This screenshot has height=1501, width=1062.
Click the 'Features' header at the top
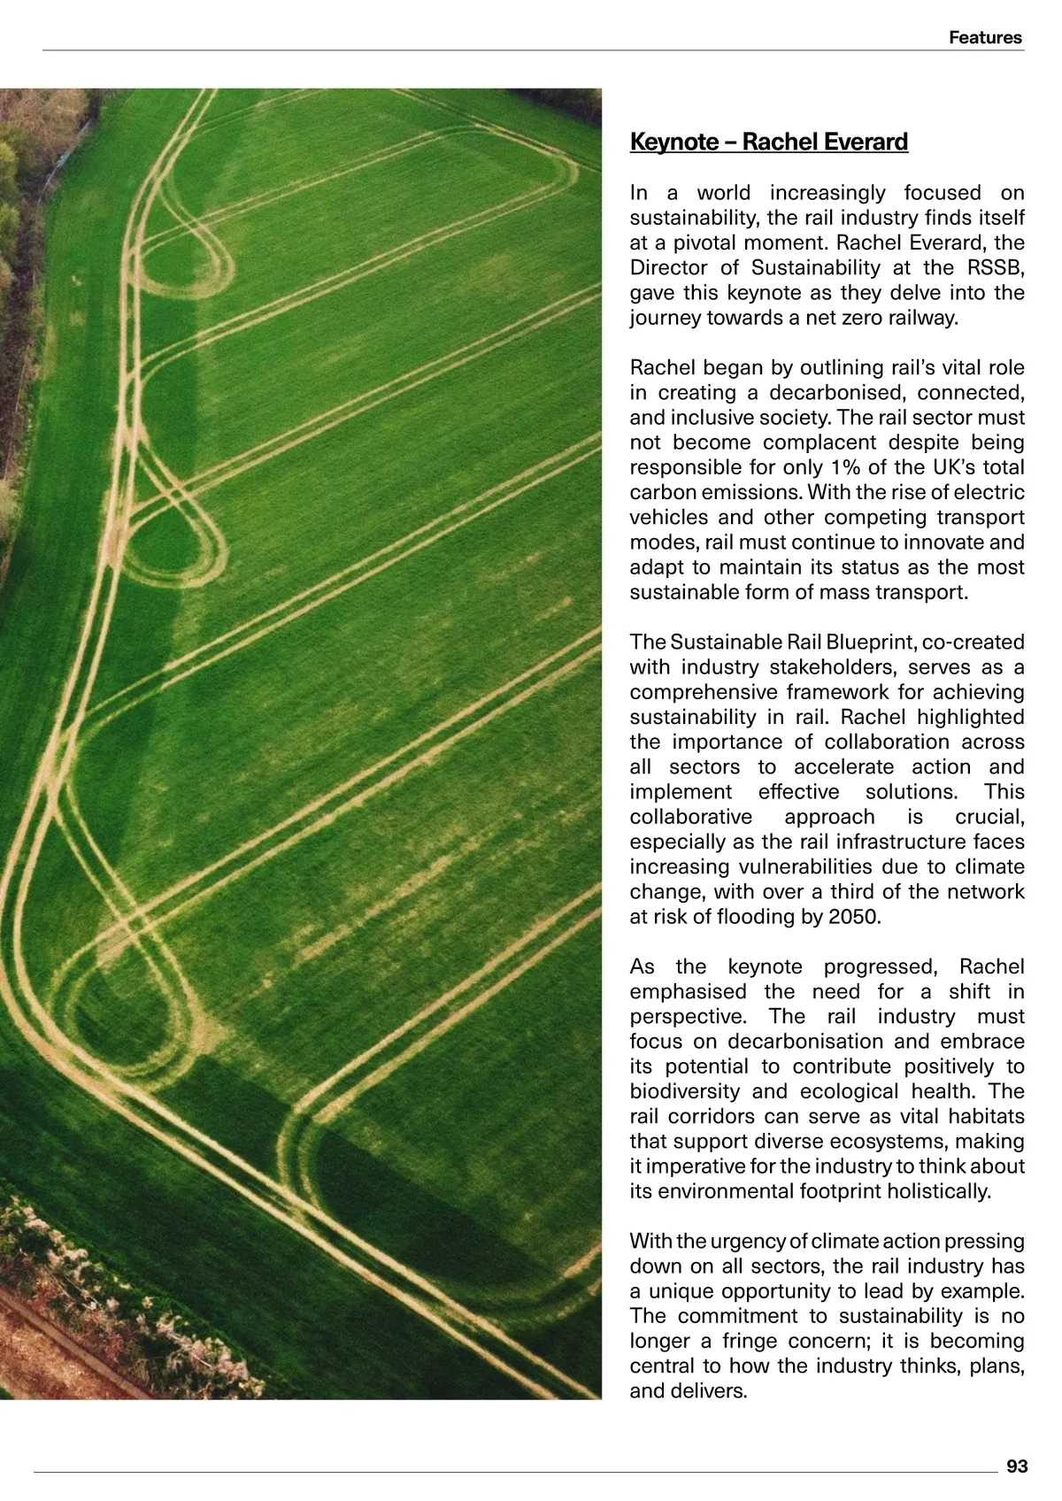pyautogui.click(x=985, y=37)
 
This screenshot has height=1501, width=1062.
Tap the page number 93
pyautogui.click(x=1017, y=1466)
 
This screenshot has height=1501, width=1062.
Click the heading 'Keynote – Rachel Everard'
pyautogui.click(x=768, y=142)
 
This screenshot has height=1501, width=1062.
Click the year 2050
pyautogui.click(x=854, y=916)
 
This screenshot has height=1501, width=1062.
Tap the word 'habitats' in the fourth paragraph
pyautogui.click(x=986, y=1116)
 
